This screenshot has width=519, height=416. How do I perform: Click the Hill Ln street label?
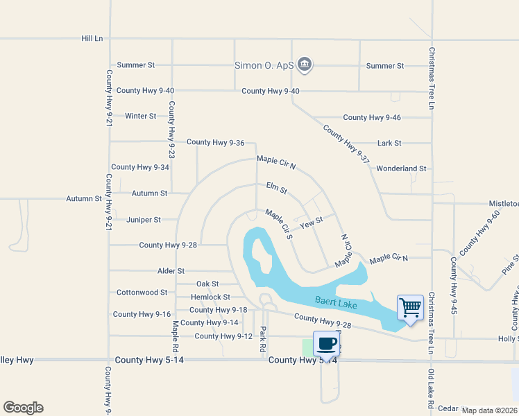pos(92,39)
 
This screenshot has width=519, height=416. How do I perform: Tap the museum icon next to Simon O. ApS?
pos(304,66)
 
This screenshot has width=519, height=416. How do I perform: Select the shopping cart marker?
pos(410,307)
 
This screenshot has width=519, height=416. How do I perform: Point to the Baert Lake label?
pos(336,302)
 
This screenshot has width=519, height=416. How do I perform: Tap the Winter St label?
pos(140,116)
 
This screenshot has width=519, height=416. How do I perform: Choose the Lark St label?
pos(389,144)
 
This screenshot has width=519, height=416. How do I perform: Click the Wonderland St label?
pos(401,168)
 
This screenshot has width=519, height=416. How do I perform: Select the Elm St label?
pos(276,188)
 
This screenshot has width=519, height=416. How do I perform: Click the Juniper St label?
pos(144,220)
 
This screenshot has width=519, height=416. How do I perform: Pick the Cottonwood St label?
pos(142,293)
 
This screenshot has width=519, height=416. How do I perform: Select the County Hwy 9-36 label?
pos(215,142)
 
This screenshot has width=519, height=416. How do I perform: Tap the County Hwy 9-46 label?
pos(372,118)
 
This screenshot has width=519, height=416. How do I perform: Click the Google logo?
pos(23,408)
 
